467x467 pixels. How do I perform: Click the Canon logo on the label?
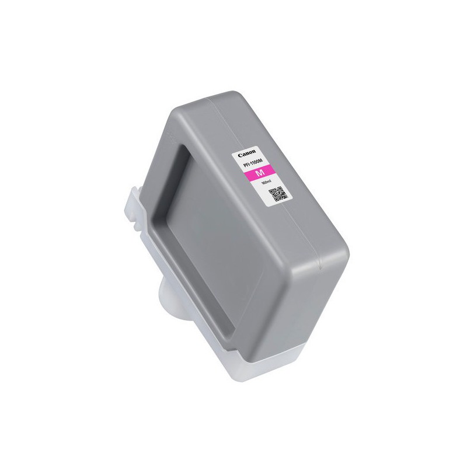pos(245,155)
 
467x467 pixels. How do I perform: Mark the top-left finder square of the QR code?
pos(273,189)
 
